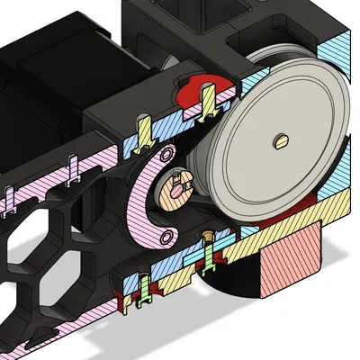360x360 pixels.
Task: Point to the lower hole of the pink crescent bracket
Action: pos(165,238)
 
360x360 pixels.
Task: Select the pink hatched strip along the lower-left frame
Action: pos(54,180)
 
